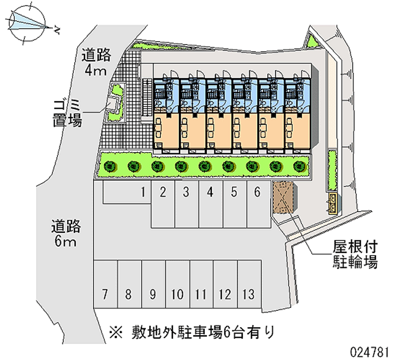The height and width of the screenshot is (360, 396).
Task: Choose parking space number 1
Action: [x=126, y=192]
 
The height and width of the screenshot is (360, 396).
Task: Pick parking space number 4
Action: [x=210, y=203]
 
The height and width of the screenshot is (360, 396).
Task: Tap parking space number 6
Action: [x=258, y=203]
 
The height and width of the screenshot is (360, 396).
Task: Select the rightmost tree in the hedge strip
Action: [x=297, y=165]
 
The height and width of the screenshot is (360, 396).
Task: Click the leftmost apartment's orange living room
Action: [x=166, y=130]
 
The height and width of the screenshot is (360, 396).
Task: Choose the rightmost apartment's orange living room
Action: [x=297, y=130]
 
